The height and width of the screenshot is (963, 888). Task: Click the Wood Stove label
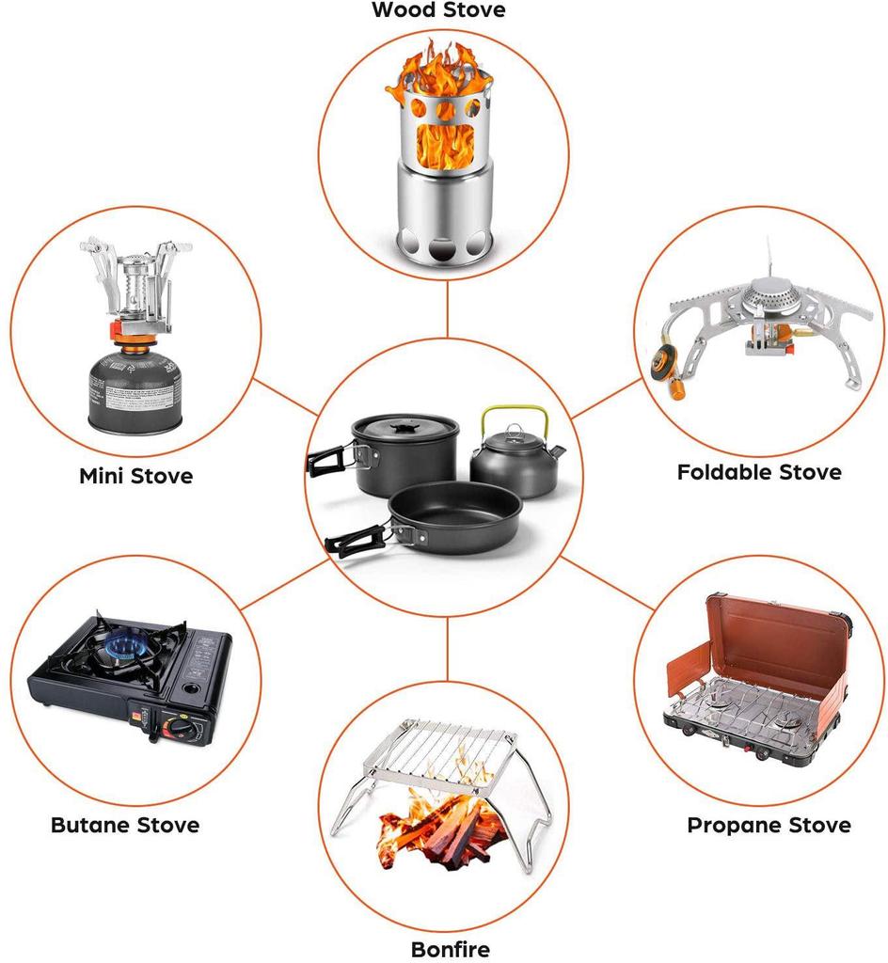(438, 9)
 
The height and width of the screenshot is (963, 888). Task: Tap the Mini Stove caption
(135, 476)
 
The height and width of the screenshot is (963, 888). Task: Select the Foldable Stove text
(759, 472)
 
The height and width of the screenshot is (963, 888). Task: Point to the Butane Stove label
(125, 825)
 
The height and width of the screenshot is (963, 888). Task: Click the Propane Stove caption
(769, 825)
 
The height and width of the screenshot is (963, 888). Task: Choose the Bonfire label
(451, 949)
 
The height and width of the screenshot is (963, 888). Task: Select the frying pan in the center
(454, 517)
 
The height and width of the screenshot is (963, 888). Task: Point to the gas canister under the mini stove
(135, 390)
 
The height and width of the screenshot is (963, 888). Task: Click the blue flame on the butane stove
(126, 647)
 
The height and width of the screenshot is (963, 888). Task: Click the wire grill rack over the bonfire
(439, 751)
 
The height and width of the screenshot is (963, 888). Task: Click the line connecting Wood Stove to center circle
(447, 308)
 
